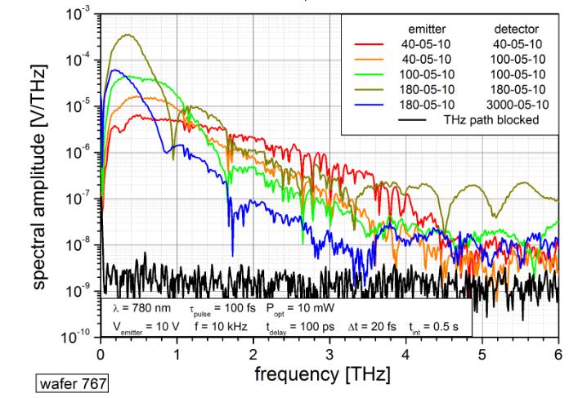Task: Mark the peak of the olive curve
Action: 127,35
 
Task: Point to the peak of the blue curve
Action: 115,70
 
